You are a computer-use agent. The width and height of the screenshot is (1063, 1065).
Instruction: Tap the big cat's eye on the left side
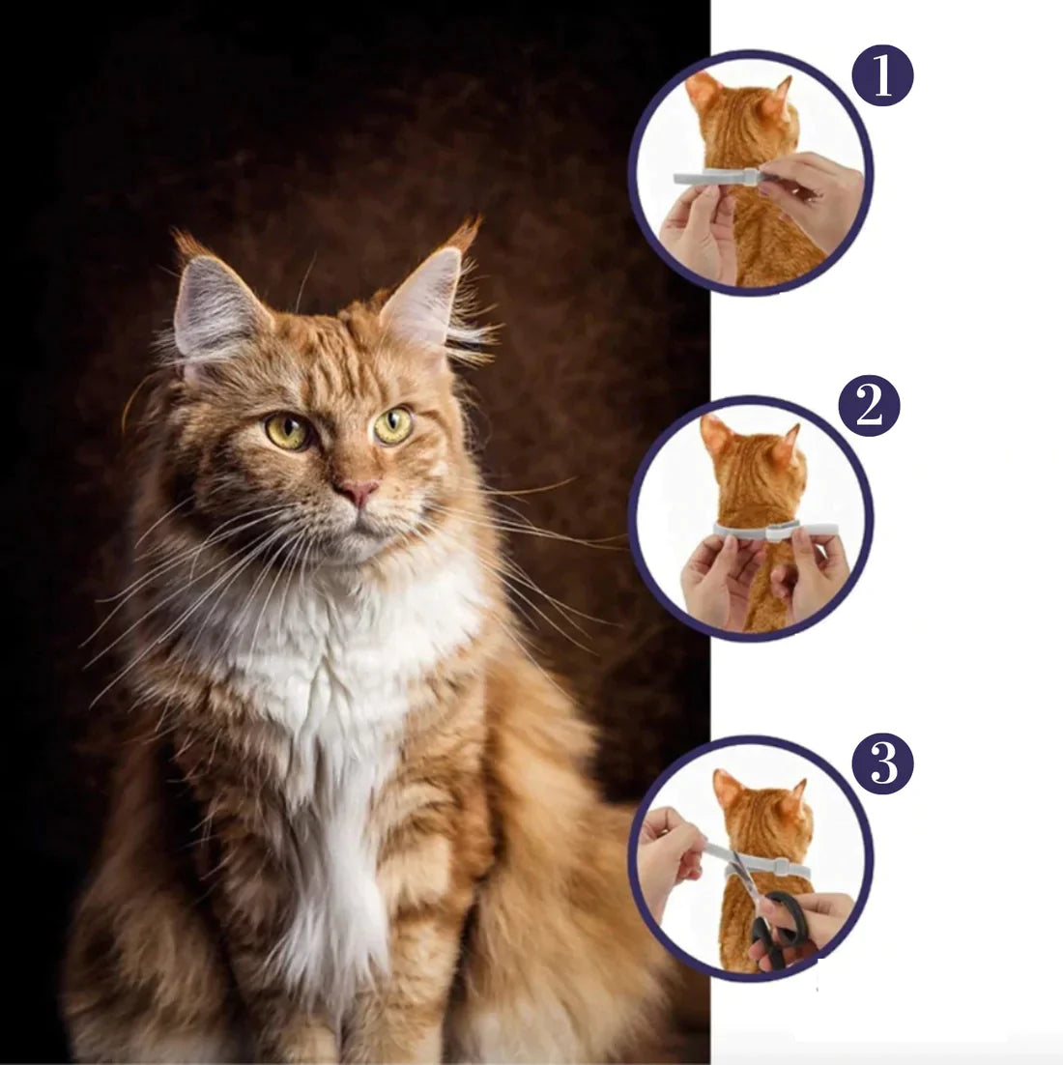(288, 431)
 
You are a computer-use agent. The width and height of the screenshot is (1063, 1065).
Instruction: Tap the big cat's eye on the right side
(393, 425)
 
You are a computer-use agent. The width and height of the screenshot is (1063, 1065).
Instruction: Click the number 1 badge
(882, 78)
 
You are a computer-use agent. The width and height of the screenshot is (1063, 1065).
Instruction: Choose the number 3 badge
(882, 763)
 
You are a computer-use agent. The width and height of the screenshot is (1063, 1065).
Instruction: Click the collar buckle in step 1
(750, 176)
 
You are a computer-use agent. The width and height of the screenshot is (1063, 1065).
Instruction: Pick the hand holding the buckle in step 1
(812, 193)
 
